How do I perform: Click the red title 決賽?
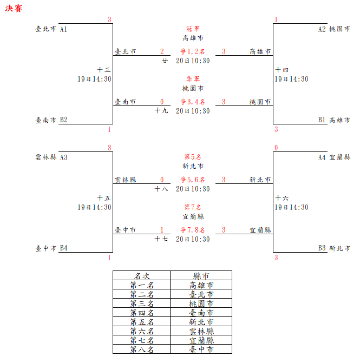click(14, 9)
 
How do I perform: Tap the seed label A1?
click(64, 29)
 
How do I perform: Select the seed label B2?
click(64, 120)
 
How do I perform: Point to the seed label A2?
click(322, 29)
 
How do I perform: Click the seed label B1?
click(322, 120)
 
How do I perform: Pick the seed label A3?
click(64, 157)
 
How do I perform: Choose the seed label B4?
click(64, 248)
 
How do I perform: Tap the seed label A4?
click(322, 157)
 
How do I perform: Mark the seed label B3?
click(322, 248)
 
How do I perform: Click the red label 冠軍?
click(193, 29)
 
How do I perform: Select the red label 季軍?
click(193, 78)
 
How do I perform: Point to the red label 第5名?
click(193, 157)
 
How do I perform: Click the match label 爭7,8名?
click(193, 230)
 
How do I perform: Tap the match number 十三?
click(104, 70)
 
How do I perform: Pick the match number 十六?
click(282, 199)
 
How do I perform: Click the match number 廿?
click(165, 61)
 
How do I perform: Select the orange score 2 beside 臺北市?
click(162, 51)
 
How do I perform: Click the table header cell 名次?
click(142, 276)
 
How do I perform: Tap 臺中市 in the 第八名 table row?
click(201, 349)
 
